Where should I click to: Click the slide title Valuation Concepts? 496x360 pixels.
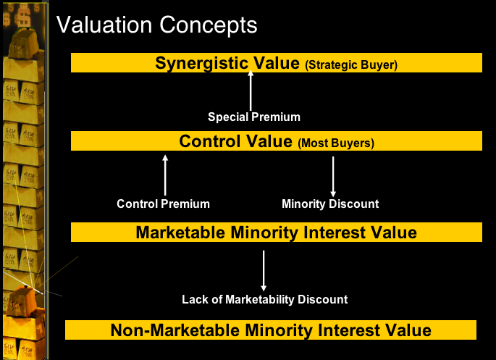156,25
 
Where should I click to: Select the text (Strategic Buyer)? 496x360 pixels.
351,65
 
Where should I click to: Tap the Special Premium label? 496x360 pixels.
254,117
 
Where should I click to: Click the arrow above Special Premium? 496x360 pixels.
251,91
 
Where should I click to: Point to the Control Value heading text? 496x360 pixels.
235,141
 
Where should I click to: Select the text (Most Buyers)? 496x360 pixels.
336,143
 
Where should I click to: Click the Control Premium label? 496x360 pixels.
163,204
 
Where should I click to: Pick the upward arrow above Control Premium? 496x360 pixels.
165,175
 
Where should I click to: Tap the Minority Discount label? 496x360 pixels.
330,204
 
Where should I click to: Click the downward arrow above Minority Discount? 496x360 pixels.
333,177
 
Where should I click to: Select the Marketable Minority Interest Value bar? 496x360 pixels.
277,233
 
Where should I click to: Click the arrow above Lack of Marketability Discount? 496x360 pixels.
264,271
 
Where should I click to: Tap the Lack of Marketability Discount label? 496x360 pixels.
265,300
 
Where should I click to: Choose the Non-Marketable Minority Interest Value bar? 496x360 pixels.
271,330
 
